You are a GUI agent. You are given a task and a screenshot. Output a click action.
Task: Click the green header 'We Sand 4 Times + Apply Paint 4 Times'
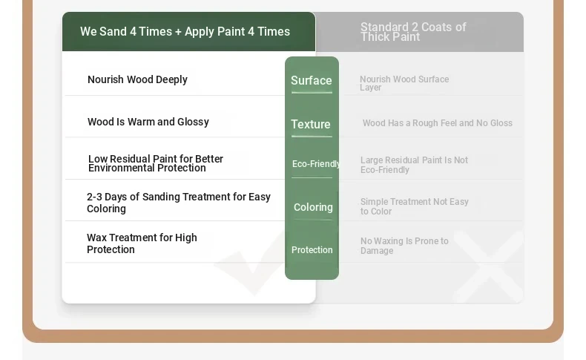[185, 31]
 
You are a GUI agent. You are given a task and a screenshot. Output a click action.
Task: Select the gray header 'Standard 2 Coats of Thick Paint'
[413, 32]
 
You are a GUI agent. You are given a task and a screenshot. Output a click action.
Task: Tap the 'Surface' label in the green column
[312, 80]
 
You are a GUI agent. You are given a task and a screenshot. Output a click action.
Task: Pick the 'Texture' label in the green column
[311, 124]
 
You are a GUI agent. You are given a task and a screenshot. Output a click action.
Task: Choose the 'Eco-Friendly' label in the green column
[315, 164]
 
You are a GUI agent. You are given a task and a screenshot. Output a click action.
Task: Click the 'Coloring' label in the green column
[313, 207]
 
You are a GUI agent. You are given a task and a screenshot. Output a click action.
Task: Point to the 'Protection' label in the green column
[312, 249]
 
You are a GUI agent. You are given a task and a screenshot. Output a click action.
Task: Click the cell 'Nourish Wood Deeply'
[137, 79]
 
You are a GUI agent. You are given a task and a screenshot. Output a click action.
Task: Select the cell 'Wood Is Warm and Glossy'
[148, 122]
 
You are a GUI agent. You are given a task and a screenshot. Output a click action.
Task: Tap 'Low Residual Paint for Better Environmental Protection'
[156, 163]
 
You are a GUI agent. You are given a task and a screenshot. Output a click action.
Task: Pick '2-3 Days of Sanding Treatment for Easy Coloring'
[179, 203]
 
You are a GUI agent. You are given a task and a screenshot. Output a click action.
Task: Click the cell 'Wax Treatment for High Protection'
[142, 243]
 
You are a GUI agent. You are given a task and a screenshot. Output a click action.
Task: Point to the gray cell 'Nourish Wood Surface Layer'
[404, 83]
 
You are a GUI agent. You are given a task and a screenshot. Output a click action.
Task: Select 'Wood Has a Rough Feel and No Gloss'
[437, 123]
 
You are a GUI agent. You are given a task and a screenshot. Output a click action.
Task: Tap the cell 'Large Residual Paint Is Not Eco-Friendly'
[414, 165]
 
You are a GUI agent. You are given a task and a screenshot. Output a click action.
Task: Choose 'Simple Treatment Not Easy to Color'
[415, 206]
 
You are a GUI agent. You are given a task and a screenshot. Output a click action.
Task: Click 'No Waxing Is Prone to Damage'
[404, 246]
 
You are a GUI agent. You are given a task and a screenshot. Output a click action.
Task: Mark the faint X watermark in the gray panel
[489, 266]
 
